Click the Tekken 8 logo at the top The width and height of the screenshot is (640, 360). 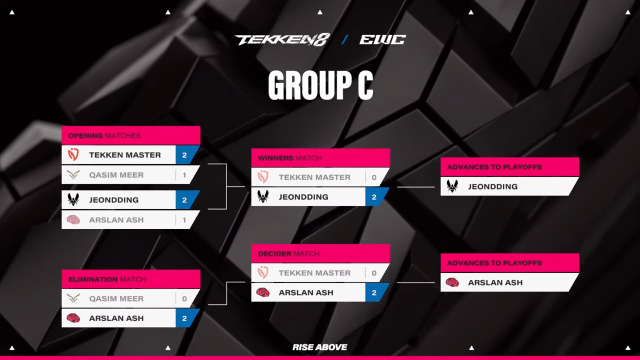point(282,40)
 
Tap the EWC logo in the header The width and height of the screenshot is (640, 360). point(382,40)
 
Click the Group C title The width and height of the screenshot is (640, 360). point(320,85)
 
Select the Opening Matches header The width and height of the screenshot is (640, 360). point(104,136)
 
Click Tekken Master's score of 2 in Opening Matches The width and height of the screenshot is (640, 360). point(184,155)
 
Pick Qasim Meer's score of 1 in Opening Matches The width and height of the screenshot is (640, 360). point(184,175)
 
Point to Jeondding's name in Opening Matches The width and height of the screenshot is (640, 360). point(114,200)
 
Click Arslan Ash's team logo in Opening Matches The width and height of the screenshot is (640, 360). point(73,220)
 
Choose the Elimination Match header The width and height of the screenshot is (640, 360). point(107,279)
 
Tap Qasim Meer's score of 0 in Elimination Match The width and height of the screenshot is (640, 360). point(184,298)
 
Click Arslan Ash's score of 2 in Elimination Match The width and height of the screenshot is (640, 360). point(184,318)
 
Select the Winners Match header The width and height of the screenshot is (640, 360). point(290,158)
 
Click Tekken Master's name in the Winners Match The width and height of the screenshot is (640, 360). point(314,177)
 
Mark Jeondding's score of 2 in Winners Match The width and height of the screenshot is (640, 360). point(374,197)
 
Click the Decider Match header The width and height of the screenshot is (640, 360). point(288,254)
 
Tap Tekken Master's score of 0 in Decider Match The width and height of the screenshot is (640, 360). point(374,273)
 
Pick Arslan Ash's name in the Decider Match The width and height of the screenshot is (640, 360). point(306,292)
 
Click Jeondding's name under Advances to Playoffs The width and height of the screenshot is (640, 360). point(493,186)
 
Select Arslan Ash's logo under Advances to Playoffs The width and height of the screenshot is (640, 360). point(452,282)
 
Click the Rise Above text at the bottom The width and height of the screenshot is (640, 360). point(320,347)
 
